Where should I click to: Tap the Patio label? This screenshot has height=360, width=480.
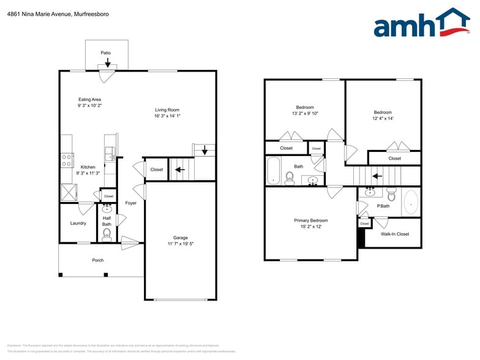click(x=106, y=53)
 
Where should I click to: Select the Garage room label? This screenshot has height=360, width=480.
click(x=180, y=238)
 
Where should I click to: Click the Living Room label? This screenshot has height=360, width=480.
click(x=167, y=110)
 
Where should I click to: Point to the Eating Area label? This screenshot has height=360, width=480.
click(x=89, y=99)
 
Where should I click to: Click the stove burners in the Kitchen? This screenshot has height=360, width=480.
click(x=66, y=160)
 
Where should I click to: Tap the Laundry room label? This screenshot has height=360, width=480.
click(x=78, y=223)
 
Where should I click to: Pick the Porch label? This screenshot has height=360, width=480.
click(x=98, y=260)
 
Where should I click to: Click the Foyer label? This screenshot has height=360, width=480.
click(x=131, y=203)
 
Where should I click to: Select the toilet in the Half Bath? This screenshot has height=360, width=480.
click(x=107, y=233)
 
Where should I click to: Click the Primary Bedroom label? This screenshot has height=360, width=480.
click(x=311, y=220)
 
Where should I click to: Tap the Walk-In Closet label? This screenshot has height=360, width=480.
click(x=395, y=234)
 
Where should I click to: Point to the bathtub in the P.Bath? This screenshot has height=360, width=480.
click(x=411, y=202)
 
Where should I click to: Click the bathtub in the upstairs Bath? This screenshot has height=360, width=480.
click(x=273, y=170)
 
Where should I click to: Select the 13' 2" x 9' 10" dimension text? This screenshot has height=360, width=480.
click(x=305, y=113)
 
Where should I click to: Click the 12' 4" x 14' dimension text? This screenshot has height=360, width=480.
click(x=383, y=118)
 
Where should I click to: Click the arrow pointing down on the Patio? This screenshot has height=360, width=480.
click(x=108, y=62)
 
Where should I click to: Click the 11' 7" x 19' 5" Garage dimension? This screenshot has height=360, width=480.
click(x=180, y=244)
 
